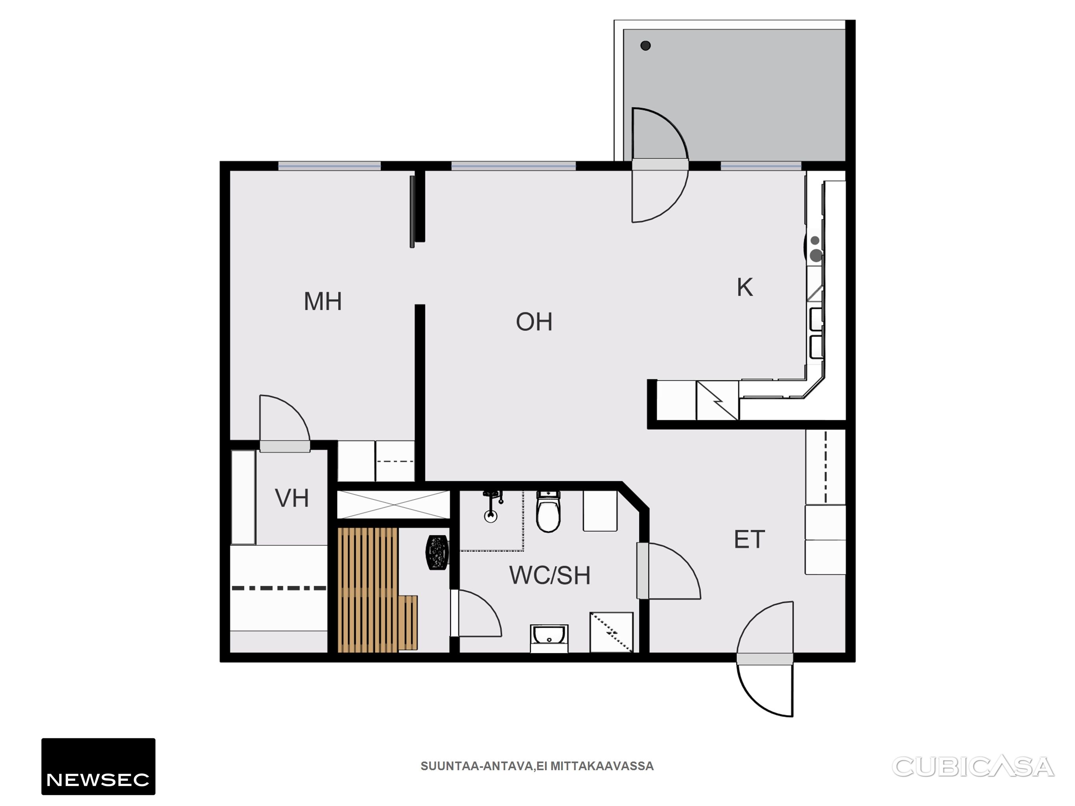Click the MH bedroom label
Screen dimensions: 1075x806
pyautogui.click(x=322, y=301)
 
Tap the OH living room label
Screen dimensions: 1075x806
pyautogui.click(x=534, y=322)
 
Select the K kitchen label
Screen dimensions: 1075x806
pyautogui.click(x=745, y=287)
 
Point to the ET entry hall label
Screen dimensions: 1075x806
pyautogui.click(x=749, y=539)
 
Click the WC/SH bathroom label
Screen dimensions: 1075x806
pyautogui.click(x=550, y=575)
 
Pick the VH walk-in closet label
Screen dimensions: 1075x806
pyautogui.click(x=292, y=498)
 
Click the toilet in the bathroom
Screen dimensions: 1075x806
pyautogui.click(x=548, y=512)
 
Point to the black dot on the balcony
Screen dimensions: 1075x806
pyautogui.click(x=645, y=46)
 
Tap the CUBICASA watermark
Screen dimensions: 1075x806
pyautogui.click(x=973, y=766)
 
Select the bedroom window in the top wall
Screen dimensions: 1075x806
pyautogui.click(x=330, y=166)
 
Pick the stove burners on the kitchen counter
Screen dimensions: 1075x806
pyautogui.click(x=815, y=249)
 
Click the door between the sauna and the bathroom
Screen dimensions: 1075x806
pyautogui.click(x=476, y=613)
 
